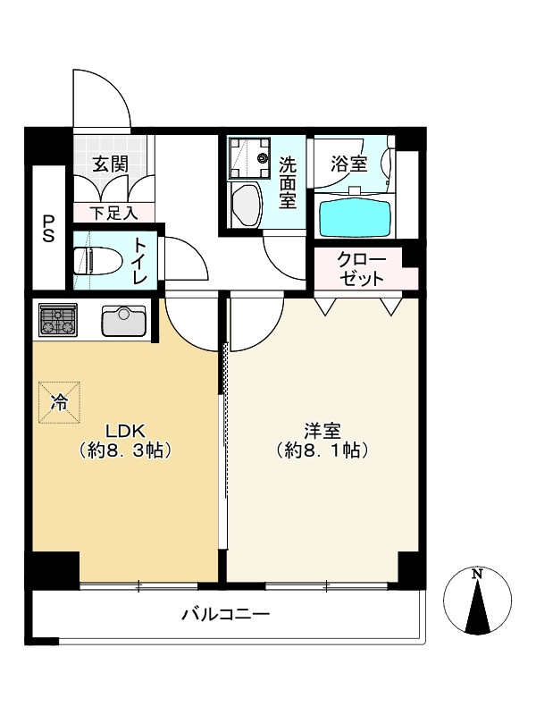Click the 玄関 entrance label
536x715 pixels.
click(x=110, y=164)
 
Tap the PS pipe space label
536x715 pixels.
click(x=49, y=229)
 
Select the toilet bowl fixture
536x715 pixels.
click(x=97, y=261)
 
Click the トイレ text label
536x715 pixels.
click(x=140, y=261)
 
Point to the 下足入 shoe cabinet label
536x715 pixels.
click(x=113, y=213)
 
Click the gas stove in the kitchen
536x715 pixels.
click(x=58, y=320)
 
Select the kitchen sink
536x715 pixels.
click(x=124, y=320)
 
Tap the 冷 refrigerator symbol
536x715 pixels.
click(x=59, y=403)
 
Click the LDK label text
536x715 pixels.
click(x=125, y=431)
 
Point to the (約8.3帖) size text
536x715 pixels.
click(x=125, y=450)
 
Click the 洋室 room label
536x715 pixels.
click(x=322, y=431)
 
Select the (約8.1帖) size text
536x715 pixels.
click(x=322, y=450)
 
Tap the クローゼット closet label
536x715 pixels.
click(x=362, y=269)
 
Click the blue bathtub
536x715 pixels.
click(x=355, y=214)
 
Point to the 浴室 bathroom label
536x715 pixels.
click(x=348, y=164)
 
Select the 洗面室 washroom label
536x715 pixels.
click(x=288, y=182)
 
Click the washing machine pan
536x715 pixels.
click(x=250, y=158)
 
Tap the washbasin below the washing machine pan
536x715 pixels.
click(x=247, y=205)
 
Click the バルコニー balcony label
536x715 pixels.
click(x=226, y=614)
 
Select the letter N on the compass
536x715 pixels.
click(x=477, y=574)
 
